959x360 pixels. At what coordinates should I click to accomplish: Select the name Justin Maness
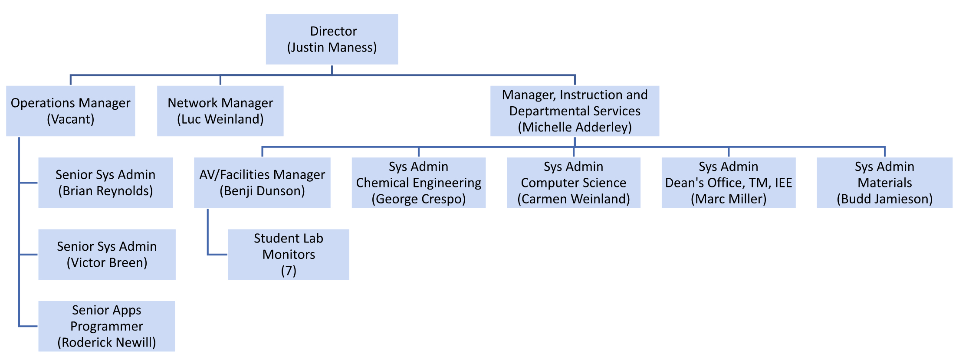click(x=332, y=47)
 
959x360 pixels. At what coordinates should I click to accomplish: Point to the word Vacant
click(x=70, y=119)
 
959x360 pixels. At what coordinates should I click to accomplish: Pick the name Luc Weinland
click(x=220, y=119)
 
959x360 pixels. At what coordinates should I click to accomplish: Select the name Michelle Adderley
click(x=575, y=127)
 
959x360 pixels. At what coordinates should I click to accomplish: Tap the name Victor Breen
click(x=107, y=263)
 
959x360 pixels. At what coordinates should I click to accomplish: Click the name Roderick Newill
click(x=107, y=343)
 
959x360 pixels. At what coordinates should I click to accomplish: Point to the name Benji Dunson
click(x=262, y=191)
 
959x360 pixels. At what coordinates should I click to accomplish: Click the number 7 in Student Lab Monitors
click(x=289, y=271)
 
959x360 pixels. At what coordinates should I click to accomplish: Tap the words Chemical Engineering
click(x=418, y=183)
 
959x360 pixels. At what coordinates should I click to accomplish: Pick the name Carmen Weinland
click(x=573, y=199)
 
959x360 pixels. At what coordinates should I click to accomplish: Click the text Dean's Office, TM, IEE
click(x=729, y=183)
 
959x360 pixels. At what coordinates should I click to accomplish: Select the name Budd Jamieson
click(x=884, y=199)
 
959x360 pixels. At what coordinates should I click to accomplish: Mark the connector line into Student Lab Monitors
click(x=217, y=255)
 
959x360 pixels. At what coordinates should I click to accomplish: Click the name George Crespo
click(x=418, y=199)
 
